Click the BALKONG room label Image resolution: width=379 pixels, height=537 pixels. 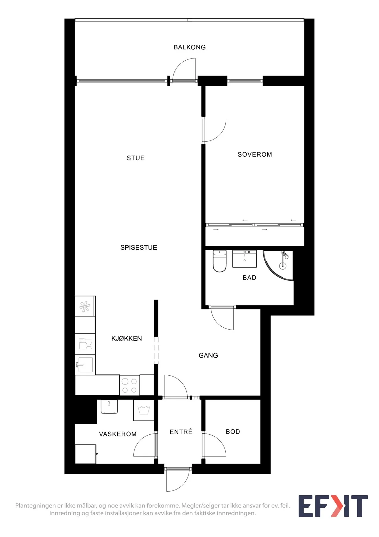pyautogui.click(x=190, y=47)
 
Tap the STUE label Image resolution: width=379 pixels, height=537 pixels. pyautogui.click(x=135, y=158)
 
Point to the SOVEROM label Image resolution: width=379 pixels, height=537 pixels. pyautogui.click(x=255, y=155)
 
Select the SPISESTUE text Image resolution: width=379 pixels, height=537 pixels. pyautogui.click(x=138, y=247)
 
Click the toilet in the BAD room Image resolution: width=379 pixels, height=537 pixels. pyautogui.click(x=219, y=261)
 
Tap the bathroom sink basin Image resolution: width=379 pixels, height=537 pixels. pyautogui.click(x=244, y=259)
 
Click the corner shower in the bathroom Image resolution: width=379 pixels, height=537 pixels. pyautogui.click(x=278, y=265)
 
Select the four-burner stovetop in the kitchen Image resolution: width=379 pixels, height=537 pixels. pyautogui.click(x=130, y=385)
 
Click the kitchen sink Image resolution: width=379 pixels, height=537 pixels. pyautogui.click(x=85, y=364)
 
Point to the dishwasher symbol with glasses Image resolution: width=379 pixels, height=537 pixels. pyautogui.click(x=85, y=344)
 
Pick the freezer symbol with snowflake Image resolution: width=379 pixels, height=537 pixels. pyautogui.click(x=85, y=306)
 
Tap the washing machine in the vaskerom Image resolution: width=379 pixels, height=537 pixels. pyautogui.click(x=144, y=410)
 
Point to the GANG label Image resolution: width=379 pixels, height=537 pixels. pyautogui.click(x=208, y=355)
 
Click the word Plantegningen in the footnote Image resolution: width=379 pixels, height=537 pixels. pyautogui.click(x=35, y=506)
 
